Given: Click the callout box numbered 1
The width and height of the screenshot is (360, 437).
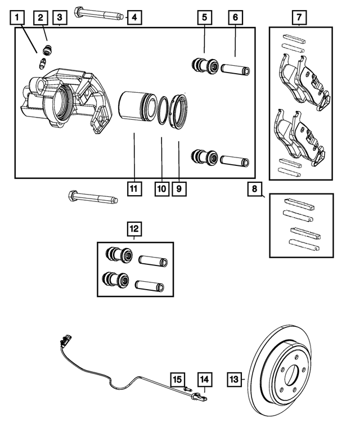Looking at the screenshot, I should click(x=19, y=18).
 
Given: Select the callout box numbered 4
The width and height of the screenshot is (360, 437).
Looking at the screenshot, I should click(x=133, y=18).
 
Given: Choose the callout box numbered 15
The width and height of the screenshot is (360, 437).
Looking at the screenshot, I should click(x=178, y=381).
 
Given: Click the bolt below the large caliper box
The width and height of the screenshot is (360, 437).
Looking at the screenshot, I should click(x=93, y=198).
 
